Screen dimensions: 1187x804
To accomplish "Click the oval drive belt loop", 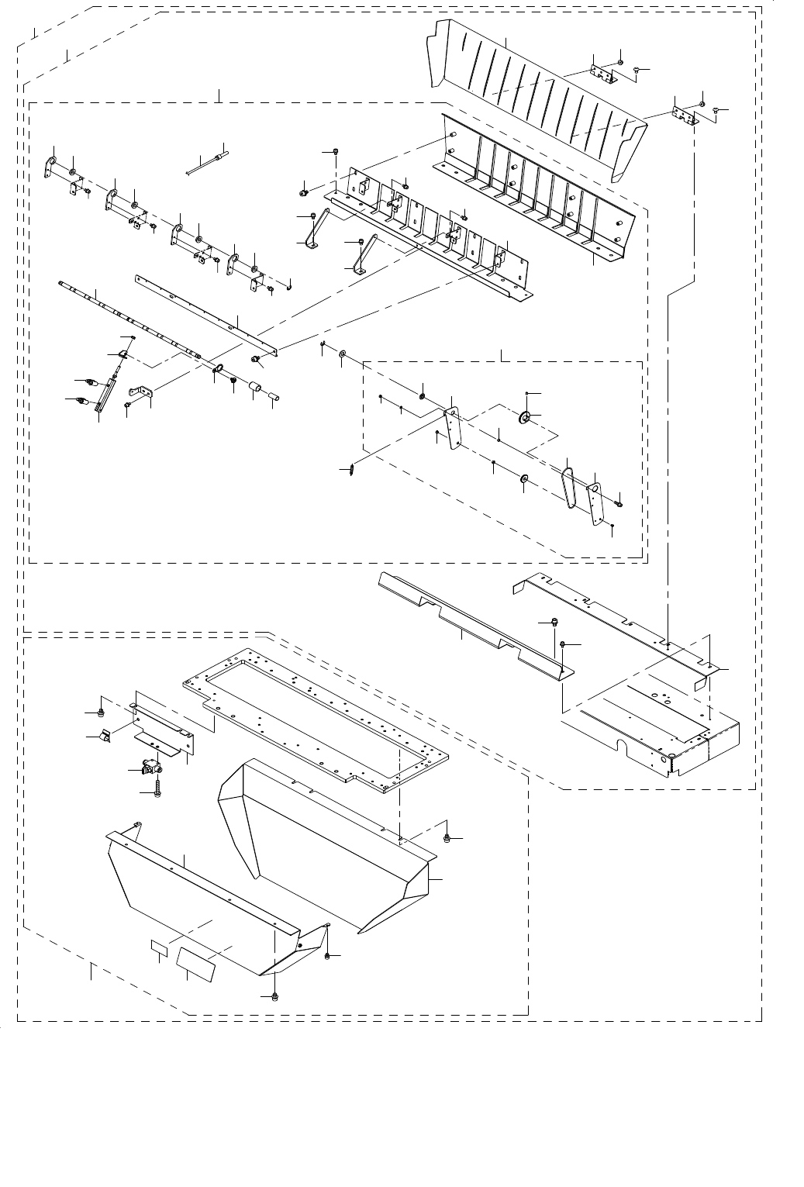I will pos(570,489).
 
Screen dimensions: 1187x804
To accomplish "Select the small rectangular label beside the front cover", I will pos(160,948).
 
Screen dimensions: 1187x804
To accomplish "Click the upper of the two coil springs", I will pos(91,381).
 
